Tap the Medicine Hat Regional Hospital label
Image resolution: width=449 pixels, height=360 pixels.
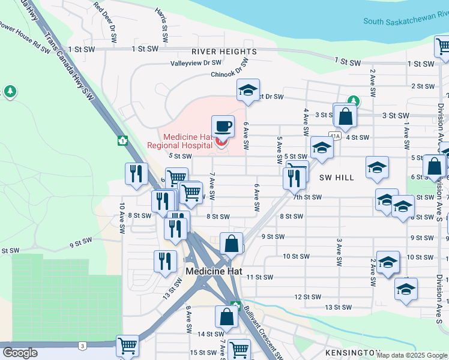point(180,141)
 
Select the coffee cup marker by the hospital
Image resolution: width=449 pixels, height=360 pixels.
point(223,127)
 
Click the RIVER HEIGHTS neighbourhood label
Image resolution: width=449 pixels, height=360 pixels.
point(215,52)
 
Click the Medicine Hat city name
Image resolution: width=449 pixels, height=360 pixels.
point(214,271)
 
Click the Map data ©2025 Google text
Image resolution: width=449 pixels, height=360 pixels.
point(412,355)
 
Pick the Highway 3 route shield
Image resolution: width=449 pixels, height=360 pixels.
point(81,346)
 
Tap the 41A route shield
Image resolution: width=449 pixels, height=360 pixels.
point(334,136)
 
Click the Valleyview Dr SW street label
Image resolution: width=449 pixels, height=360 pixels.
point(196,62)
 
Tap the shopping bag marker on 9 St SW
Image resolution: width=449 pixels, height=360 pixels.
point(231,244)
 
